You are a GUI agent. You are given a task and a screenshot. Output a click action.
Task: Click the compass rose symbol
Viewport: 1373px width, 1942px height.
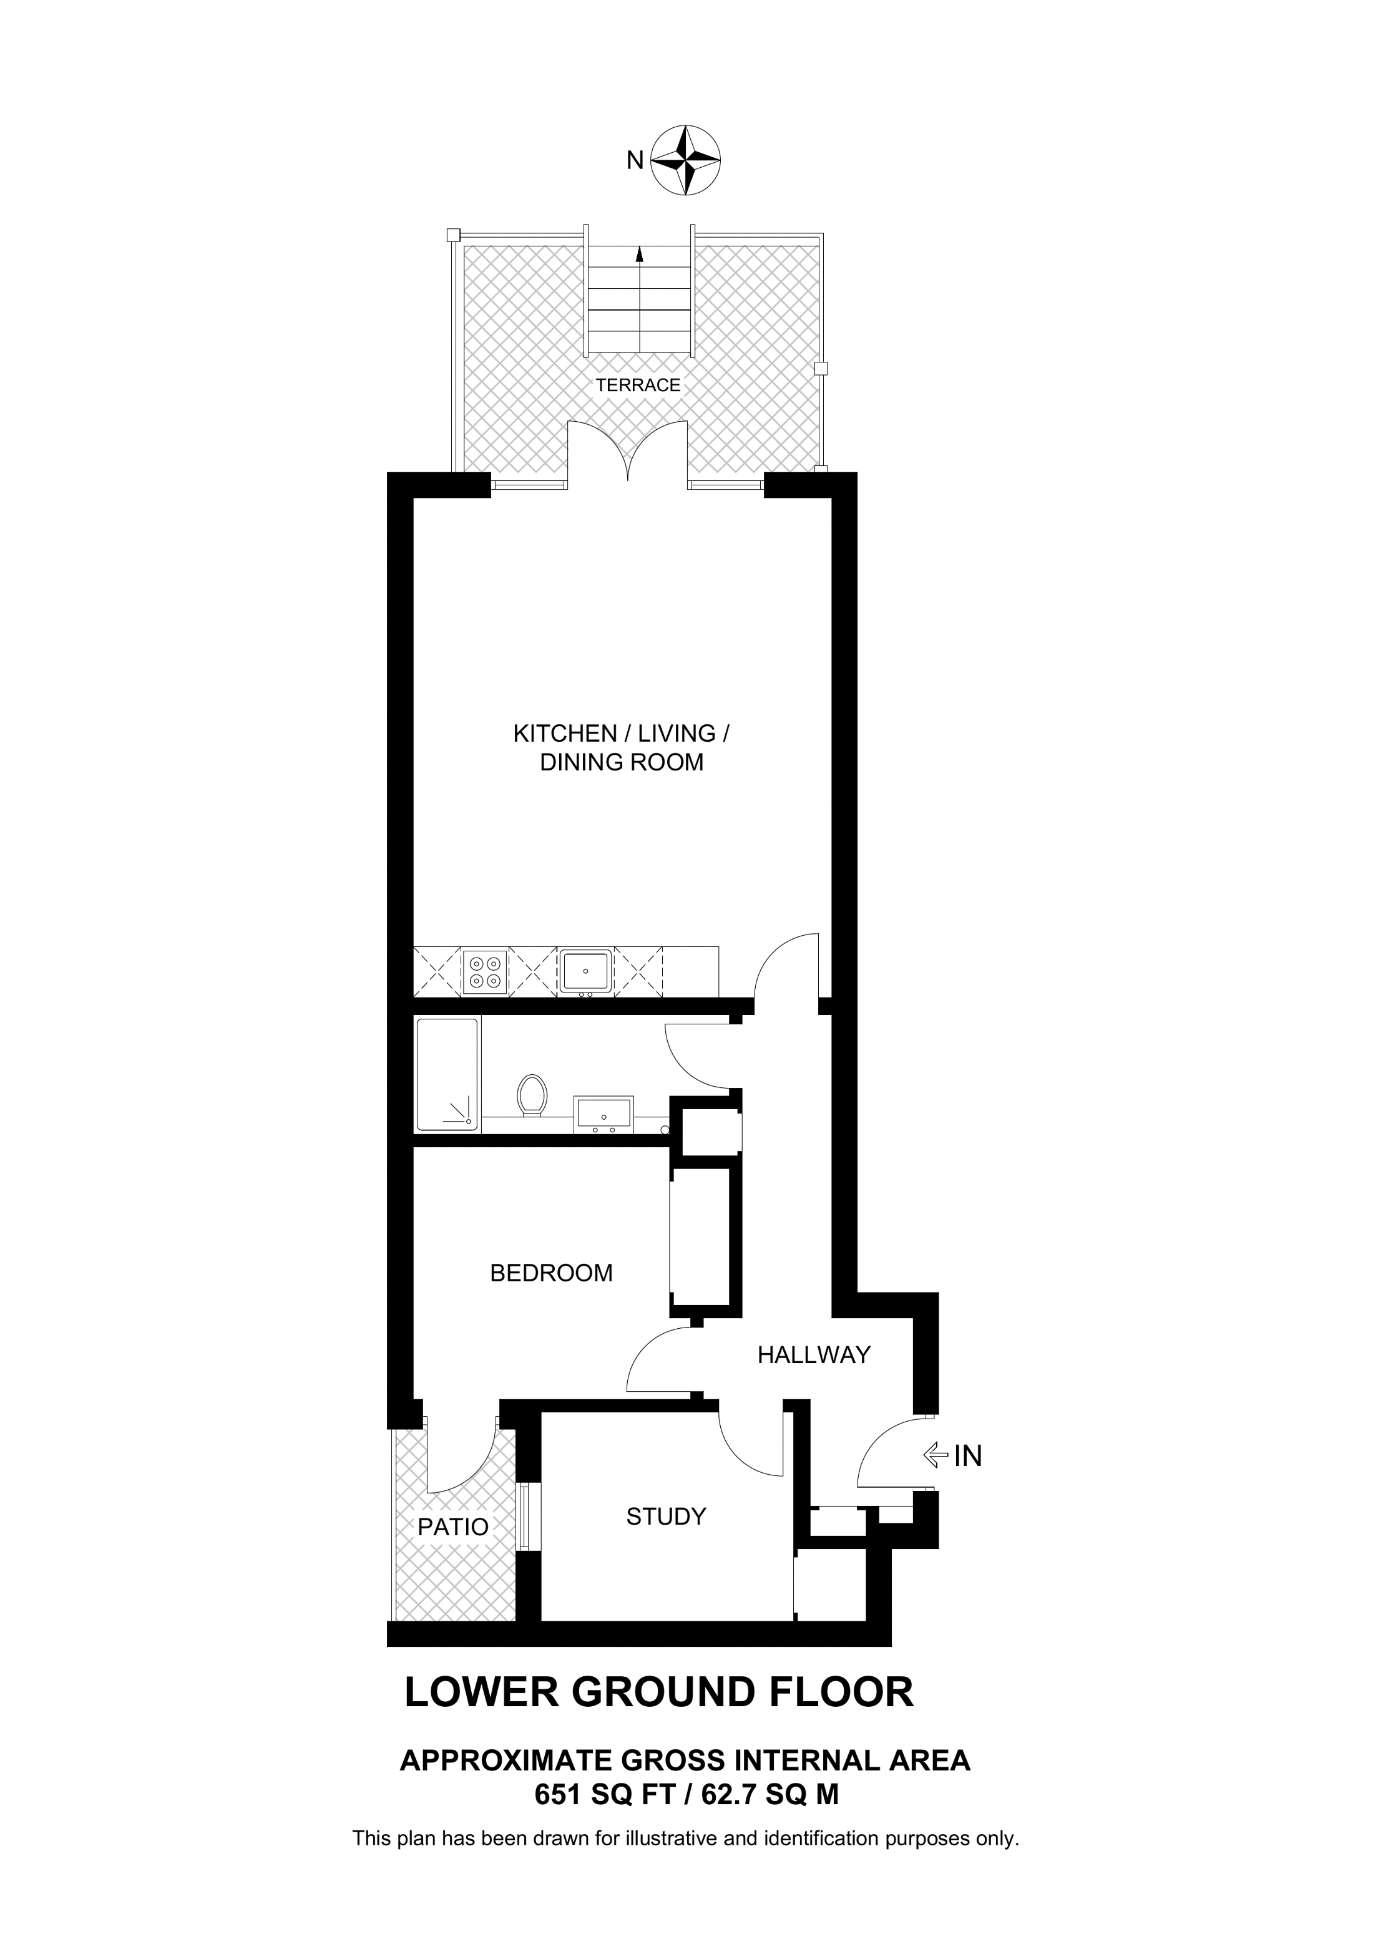click(x=686, y=160)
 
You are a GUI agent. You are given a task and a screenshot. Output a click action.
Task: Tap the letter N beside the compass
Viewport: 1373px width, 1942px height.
click(x=635, y=160)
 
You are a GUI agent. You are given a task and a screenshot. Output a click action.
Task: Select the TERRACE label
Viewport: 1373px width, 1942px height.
click(x=638, y=386)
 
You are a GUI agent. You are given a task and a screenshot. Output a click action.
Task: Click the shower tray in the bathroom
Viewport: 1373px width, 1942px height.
click(x=447, y=1074)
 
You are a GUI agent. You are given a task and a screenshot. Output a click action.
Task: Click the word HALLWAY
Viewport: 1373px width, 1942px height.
click(x=814, y=1355)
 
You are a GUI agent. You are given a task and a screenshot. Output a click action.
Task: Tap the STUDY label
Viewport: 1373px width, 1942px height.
click(x=666, y=1517)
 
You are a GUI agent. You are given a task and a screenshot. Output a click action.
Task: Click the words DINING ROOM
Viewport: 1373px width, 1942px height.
click(x=622, y=762)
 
